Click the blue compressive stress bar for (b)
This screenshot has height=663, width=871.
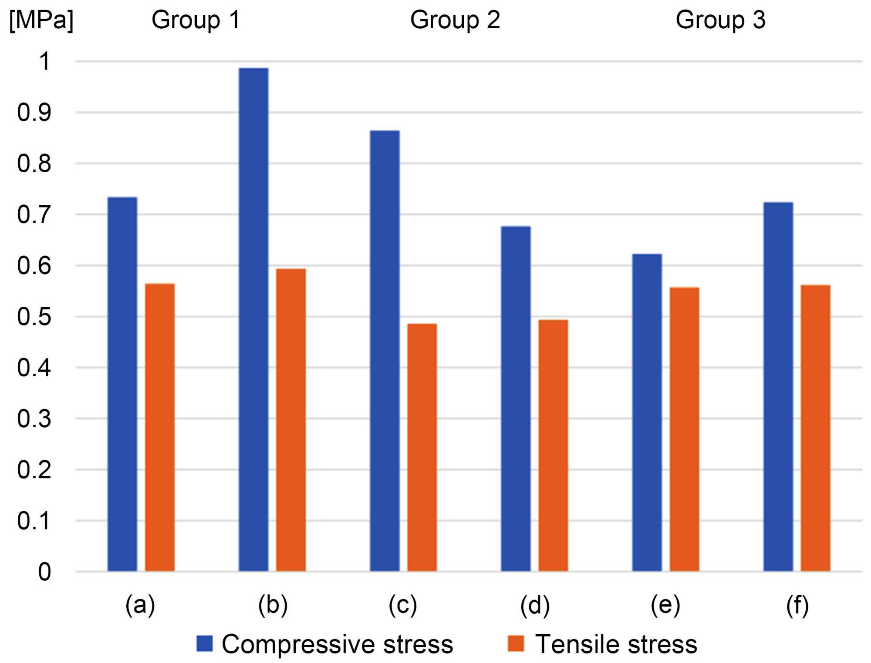point(253,320)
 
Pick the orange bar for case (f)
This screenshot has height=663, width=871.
point(815,428)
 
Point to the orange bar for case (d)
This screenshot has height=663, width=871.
point(553,445)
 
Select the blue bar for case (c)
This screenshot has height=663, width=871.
point(385,351)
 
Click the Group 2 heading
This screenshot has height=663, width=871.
point(455,20)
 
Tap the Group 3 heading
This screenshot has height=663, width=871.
point(720,20)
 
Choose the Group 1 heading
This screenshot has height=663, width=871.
point(196,20)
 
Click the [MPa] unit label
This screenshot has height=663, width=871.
point(41,20)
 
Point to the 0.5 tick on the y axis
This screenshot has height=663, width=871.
point(34,317)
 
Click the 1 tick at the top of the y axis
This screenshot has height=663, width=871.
point(44,61)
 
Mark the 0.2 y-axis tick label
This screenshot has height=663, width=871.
point(34,470)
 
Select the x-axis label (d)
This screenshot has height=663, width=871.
point(535,605)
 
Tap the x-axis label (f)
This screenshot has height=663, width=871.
point(797,605)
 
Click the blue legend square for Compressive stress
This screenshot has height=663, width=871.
point(204,643)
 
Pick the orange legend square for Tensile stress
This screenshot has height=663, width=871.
point(516,643)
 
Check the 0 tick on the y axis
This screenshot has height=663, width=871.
point(44,572)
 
